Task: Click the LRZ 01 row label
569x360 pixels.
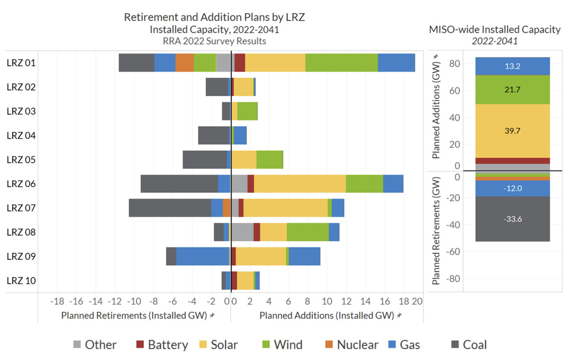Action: (21, 63)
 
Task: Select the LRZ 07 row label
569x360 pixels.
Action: (21, 208)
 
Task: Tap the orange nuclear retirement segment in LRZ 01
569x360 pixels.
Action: (184, 63)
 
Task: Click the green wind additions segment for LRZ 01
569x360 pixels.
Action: (341, 63)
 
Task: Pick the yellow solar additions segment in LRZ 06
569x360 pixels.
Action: (300, 184)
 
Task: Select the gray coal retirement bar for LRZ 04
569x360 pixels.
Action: (213, 135)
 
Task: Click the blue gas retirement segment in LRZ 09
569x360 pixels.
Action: (203, 256)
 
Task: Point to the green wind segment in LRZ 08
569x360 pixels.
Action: (308, 232)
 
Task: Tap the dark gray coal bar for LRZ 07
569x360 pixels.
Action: (170, 208)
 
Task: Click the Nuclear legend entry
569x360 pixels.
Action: (350, 345)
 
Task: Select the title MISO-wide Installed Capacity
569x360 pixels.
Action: (495, 30)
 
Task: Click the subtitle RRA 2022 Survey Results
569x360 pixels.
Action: (215, 41)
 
